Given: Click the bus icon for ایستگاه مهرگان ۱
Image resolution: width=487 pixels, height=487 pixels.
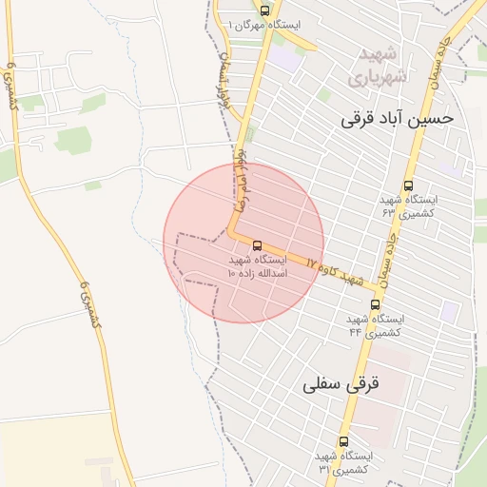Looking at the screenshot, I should [264, 10].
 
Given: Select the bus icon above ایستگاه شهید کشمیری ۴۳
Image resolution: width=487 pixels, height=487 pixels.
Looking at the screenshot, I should [408, 186].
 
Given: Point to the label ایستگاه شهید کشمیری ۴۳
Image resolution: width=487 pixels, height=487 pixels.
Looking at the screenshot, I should [409, 207].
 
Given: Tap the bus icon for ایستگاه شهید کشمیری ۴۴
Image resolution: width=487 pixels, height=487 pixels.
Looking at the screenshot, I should [375, 305].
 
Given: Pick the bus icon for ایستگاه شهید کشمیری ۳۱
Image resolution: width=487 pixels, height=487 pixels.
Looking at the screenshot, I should [343, 441].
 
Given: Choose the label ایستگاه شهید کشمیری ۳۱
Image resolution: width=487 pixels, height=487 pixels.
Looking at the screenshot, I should [345, 463].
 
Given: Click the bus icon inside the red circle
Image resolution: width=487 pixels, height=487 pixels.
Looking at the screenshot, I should [257, 245].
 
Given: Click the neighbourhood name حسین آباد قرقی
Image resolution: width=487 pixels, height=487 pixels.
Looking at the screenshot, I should [399, 119].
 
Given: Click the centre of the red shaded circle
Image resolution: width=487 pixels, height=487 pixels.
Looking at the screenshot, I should [243, 243].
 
